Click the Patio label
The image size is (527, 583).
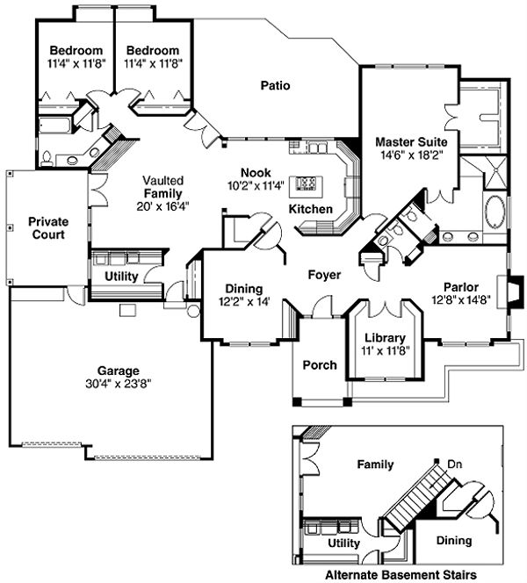(x=275, y=85)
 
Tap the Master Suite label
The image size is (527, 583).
(x=411, y=141)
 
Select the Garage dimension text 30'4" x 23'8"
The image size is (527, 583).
(x=119, y=385)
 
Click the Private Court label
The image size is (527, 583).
(x=48, y=227)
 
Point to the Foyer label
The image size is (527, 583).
(x=324, y=275)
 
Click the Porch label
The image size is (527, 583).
(x=319, y=365)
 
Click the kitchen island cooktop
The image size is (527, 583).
(x=307, y=184)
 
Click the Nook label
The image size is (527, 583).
(x=257, y=172)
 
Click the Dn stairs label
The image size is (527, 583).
(x=455, y=464)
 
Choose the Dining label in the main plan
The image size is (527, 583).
(x=238, y=287)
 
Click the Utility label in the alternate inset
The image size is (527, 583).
(x=343, y=543)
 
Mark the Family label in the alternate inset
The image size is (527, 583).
(x=374, y=464)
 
